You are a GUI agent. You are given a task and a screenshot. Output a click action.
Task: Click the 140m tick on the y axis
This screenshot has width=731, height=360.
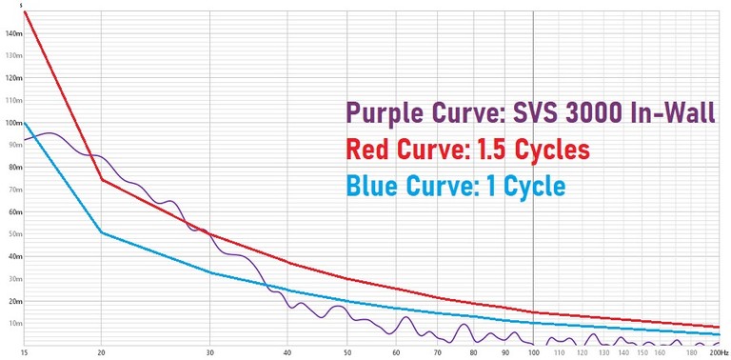12,33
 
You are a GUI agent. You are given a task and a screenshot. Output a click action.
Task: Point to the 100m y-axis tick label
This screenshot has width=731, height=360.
12,123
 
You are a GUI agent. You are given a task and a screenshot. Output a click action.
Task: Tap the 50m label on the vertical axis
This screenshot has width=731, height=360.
14,234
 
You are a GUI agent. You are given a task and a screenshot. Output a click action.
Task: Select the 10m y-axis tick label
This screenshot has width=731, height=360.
14,323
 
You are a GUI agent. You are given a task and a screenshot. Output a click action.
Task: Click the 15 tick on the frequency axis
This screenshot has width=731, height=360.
24,352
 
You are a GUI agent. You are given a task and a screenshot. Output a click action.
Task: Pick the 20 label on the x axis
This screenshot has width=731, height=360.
102,352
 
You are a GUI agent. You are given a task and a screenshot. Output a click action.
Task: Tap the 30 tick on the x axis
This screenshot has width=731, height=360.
210,352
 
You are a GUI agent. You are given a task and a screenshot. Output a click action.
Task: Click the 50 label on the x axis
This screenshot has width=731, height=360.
346,352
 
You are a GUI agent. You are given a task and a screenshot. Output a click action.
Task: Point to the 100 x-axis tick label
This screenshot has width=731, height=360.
534,352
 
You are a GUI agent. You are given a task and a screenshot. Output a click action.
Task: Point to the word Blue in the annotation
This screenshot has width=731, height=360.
375,184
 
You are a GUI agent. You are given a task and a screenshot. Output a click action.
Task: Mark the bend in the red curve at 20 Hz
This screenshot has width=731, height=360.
102,180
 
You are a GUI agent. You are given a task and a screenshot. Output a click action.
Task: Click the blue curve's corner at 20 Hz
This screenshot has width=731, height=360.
102,232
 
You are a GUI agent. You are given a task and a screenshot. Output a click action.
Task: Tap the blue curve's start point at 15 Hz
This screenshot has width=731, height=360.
25,122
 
